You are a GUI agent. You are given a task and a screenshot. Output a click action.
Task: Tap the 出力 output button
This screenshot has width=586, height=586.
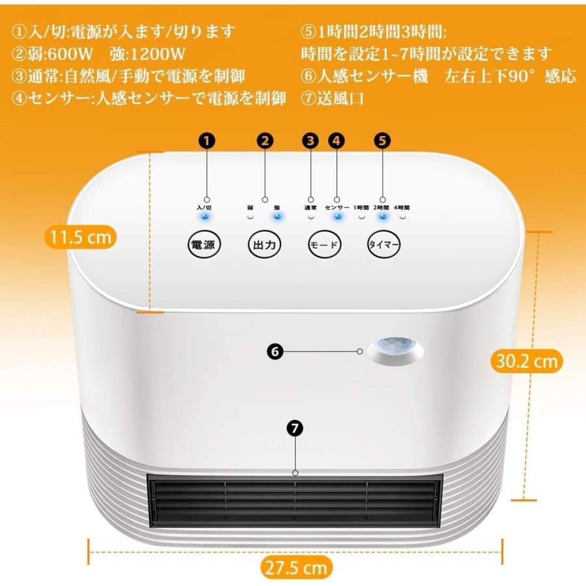coord(266,245)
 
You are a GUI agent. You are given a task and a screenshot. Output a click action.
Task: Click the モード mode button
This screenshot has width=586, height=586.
coord(324,245)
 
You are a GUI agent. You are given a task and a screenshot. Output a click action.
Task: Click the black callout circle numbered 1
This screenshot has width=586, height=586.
coord(207,140)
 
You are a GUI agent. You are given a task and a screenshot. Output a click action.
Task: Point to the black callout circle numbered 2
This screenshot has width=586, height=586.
coord(265,140)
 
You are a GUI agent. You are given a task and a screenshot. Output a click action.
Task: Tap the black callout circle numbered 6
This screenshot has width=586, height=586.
coord(275,351)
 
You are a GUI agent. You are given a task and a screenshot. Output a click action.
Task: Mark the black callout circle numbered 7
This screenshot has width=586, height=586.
coord(296,428)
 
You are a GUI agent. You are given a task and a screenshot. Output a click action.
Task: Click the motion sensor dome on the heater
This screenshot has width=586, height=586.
coord(395,350)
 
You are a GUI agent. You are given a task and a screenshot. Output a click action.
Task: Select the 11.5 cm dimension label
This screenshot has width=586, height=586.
coord(81,237)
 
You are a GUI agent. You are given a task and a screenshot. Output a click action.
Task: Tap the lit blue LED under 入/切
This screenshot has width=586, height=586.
coord(206,217)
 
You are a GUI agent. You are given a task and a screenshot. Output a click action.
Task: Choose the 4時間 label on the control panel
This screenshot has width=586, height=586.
coord(402,207)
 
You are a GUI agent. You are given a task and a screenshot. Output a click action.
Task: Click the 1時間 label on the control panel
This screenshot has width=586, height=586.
coord(361,207)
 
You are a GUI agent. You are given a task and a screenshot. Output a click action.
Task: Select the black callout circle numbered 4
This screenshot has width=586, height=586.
coord(336,140)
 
